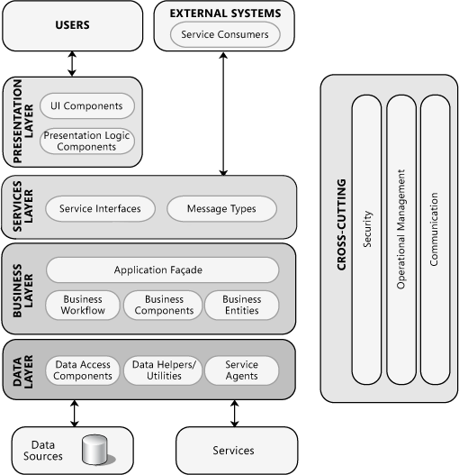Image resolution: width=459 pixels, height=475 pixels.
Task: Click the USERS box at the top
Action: coord(72,25)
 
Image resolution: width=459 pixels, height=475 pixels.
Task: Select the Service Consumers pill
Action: coord(225,35)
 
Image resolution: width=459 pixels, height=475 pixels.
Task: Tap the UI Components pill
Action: coord(87,106)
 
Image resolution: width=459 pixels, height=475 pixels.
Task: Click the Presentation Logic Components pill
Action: coord(87,141)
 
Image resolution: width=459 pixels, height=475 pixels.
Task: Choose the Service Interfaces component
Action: coord(100,208)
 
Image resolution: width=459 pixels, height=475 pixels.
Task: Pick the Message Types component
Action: coord(221,208)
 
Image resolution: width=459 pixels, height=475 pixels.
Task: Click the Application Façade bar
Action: coord(158,269)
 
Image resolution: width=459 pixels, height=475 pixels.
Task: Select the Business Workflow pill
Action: coord(83,305)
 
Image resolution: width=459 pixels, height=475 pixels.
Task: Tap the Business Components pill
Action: coord(164,305)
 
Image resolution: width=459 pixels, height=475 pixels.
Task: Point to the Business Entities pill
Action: coord(242,305)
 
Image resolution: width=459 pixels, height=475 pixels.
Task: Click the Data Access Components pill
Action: coord(83,370)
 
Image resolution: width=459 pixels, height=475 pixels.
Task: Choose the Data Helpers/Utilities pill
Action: coord(164,370)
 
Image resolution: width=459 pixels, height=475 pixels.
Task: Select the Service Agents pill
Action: coord(242,370)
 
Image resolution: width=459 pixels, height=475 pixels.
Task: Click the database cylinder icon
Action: coord(94,450)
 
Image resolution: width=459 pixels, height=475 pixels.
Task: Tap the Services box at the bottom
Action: coord(233,450)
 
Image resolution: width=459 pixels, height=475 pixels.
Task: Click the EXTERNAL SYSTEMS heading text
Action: coord(225,14)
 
